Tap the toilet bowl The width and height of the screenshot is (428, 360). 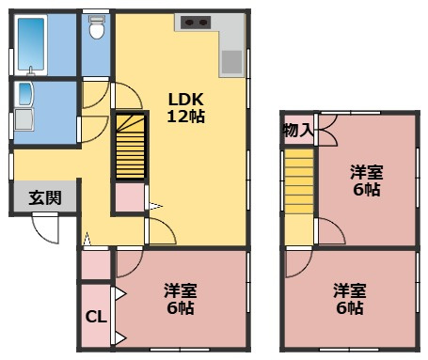(x=96, y=31)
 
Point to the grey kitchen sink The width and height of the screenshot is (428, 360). (x=230, y=61)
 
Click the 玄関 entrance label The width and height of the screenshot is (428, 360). (x=44, y=198)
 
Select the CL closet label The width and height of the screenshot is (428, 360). (x=96, y=318)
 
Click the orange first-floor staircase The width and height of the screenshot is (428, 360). (x=130, y=148)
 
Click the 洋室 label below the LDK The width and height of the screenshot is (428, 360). (x=179, y=290)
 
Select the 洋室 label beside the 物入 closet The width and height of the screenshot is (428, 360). (x=366, y=172)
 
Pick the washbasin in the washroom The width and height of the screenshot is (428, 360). (x=22, y=95)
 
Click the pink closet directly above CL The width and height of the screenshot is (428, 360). (x=95, y=264)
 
